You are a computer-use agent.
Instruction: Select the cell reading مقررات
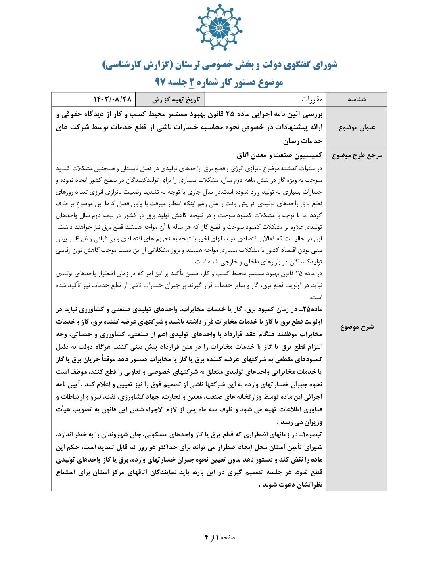pos(312,99)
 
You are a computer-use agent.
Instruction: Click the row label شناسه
pos(357,99)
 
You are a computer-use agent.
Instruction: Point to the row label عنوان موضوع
pos(357,127)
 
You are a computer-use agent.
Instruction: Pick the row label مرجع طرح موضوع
pos(357,156)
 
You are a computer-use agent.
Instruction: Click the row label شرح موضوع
pos(357,327)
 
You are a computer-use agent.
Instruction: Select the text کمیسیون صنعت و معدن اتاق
pos(279,155)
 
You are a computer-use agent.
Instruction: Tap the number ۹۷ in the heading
pos(160,82)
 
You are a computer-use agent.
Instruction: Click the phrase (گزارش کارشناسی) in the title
pos(138,65)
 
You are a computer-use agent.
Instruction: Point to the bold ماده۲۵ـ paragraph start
pos(313,310)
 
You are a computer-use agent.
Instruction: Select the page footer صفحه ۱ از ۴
pos(219,537)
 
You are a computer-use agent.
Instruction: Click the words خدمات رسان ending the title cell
pos(303,141)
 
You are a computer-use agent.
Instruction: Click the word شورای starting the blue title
pos(325,65)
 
